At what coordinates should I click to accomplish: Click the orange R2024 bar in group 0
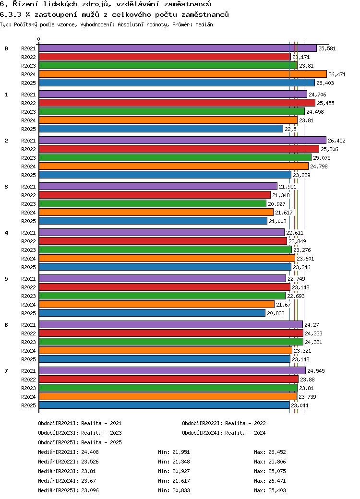[x=183, y=74]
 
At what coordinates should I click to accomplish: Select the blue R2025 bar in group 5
[x=152, y=313]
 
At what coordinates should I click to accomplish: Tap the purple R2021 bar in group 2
[x=182, y=140]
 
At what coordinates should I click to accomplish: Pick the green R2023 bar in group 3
[x=153, y=203]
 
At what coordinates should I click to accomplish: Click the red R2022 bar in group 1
[x=177, y=103]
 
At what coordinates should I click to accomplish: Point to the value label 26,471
[x=337, y=74]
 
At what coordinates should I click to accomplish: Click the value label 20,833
[x=276, y=313]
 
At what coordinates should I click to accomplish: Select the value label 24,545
[x=316, y=371]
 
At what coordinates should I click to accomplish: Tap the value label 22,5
[x=290, y=129]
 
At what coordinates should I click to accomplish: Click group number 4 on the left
[x=6, y=233]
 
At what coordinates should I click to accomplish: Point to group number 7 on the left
[x=6, y=371]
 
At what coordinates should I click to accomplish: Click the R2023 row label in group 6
[x=29, y=342]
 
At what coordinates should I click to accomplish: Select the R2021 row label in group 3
[x=29, y=187]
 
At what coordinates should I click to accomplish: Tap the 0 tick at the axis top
[x=38, y=39]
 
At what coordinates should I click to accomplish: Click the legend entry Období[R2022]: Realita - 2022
[x=224, y=423]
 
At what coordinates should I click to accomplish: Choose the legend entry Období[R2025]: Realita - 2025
[x=80, y=442]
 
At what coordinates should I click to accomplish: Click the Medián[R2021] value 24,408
[x=90, y=452]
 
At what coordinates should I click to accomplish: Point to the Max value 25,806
[x=277, y=462]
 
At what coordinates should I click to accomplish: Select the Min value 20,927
[x=181, y=471]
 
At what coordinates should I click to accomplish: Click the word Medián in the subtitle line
[x=204, y=24]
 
